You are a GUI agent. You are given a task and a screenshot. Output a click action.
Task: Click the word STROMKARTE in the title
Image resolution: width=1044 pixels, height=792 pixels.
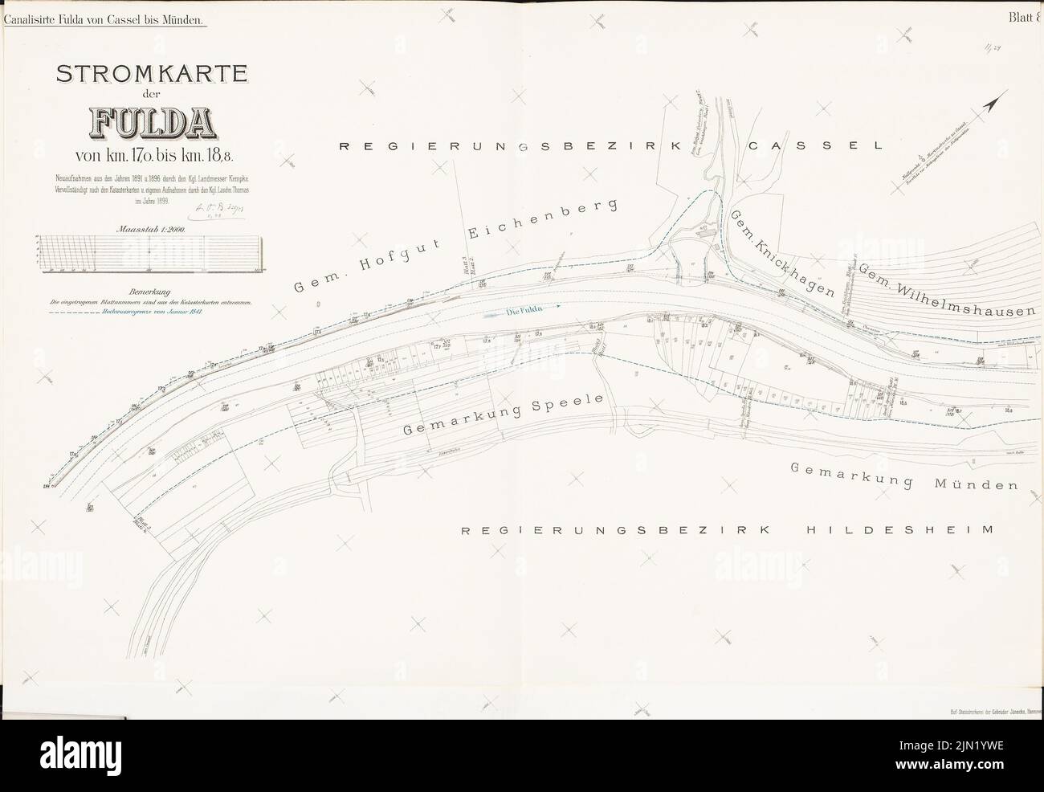click(x=151, y=75)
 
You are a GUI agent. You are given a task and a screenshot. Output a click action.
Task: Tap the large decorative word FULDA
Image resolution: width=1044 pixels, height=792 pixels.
click(x=151, y=122)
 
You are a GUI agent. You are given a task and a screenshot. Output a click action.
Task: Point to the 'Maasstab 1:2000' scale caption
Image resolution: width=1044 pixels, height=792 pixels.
click(x=152, y=231)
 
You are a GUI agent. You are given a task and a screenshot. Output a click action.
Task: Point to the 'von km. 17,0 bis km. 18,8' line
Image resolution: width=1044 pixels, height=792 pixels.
click(x=151, y=155)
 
